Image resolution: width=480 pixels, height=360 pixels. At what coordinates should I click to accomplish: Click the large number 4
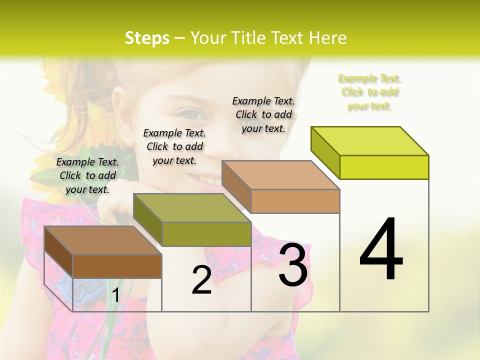click(x=381, y=250)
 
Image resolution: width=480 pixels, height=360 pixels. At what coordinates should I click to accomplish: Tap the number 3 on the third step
click(x=293, y=265)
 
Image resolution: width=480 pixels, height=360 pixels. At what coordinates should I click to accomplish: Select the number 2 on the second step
click(x=201, y=280)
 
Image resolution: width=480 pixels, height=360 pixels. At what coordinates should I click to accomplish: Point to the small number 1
click(x=115, y=296)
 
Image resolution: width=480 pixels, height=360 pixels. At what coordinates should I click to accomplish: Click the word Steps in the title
click(x=147, y=38)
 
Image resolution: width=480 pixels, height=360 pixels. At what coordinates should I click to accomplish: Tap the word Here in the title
click(x=328, y=38)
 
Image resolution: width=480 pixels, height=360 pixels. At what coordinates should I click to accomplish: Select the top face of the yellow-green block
click(x=370, y=141)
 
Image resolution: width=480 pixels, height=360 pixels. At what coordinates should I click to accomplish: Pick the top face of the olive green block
click(x=192, y=208)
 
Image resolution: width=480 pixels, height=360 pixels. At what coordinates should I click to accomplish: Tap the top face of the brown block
click(x=103, y=240)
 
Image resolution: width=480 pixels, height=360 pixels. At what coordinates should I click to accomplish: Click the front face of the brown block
click(x=117, y=266)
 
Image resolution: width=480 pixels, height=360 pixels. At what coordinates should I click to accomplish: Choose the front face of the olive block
click(x=206, y=234)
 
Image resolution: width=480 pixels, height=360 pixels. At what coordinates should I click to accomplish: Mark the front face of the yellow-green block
click(x=384, y=167)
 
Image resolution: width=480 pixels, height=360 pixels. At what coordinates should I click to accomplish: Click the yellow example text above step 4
click(x=369, y=92)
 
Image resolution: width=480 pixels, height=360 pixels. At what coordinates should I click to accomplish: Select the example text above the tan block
click(x=263, y=114)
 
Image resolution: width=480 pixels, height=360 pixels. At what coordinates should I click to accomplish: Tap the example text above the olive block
click(x=174, y=146)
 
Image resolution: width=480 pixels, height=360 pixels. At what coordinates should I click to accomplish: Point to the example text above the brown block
click(x=87, y=175)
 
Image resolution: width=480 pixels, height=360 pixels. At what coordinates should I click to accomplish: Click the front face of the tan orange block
click(x=295, y=201)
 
